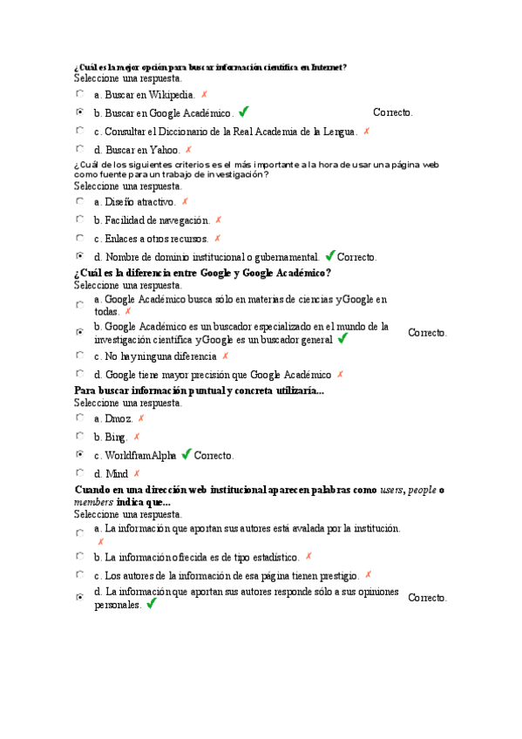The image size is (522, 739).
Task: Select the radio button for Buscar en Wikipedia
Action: [x=79, y=93]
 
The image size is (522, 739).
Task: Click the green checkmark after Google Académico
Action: [x=243, y=112]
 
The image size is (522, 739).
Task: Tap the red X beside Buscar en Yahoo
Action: [x=188, y=150]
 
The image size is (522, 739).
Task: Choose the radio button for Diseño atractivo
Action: [x=79, y=201]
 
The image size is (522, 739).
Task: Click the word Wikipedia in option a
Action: [x=170, y=95]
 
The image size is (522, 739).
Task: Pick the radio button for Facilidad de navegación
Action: [x=79, y=220]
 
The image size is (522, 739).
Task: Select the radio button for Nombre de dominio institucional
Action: [x=79, y=256]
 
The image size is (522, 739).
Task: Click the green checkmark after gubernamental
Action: [x=329, y=256]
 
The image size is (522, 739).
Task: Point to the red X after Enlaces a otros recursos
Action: [x=217, y=238]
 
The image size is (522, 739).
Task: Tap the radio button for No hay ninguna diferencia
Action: [x=79, y=356]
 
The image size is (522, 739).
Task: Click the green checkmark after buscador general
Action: [x=342, y=338]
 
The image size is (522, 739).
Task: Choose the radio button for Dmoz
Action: [x=79, y=418]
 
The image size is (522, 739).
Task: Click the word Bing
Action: [x=116, y=437]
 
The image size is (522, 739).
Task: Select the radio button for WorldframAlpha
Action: [x=79, y=455]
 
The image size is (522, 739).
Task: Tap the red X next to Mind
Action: [x=136, y=474]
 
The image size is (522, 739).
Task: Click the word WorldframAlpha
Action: [x=140, y=456]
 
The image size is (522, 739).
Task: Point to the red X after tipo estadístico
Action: [x=308, y=556]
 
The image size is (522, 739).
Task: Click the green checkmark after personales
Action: [x=151, y=603]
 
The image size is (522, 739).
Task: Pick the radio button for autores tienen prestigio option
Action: [x=79, y=575]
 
